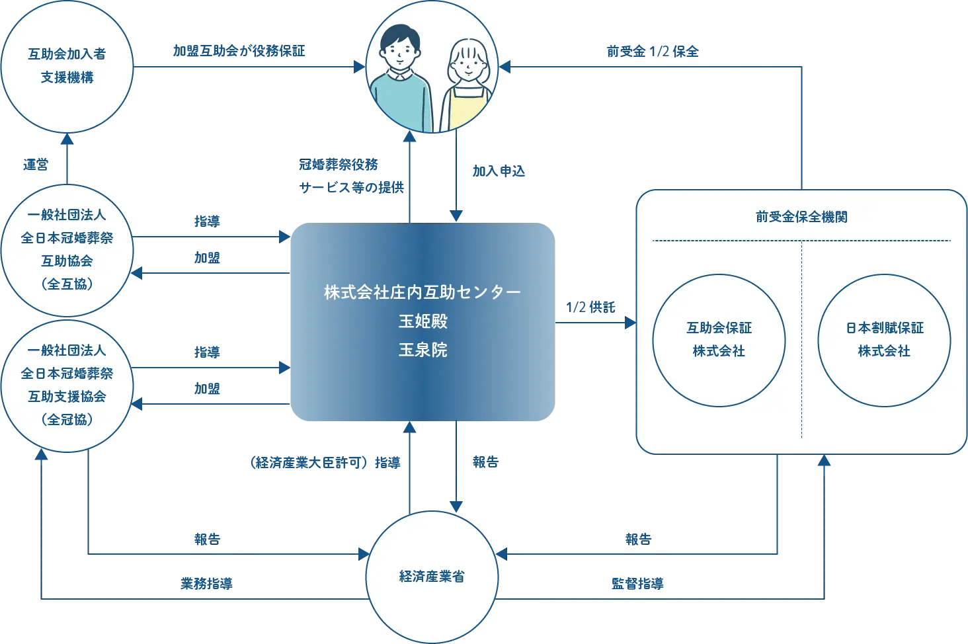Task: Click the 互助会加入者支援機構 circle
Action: pyautogui.click(x=67, y=65)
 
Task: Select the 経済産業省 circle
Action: pyautogui.click(x=431, y=576)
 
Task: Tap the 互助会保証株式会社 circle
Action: pyautogui.click(x=719, y=340)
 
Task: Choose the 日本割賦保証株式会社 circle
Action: pyautogui.click(x=884, y=340)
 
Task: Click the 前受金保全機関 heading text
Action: pyautogui.click(x=801, y=217)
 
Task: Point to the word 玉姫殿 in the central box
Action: pyautogui.click(x=423, y=321)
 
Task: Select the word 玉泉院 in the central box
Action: pyautogui.click(x=423, y=350)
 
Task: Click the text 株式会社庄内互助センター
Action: pyautogui.click(x=423, y=292)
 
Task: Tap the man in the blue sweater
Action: pyautogui.click(x=399, y=86)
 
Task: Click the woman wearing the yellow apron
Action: pyautogui.click(x=468, y=89)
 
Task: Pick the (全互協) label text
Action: pyautogui.click(x=67, y=284)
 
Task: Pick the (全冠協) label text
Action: pyautogui.click(x=67, y=420)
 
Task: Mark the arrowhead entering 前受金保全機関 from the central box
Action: pyautogui.click(x=629, y=323)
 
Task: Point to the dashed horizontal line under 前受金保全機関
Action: pyautogui.click(x=801, y=241)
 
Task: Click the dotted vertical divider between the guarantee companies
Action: pyautogui.click(x=801, y=340)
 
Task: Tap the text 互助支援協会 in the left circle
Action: pyautogui.click(x=67, y=397)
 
